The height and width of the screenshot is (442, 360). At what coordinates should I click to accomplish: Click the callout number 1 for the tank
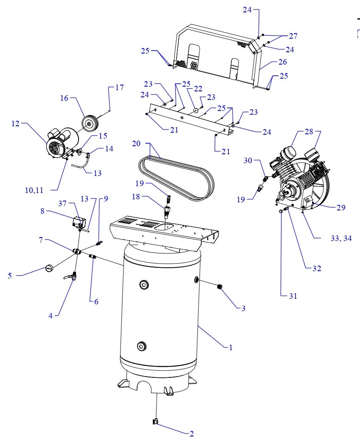pyautogui.click(x=231, y=347)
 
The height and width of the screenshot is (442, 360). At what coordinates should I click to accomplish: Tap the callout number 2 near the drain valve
pyautogui.click(x=191, y=434)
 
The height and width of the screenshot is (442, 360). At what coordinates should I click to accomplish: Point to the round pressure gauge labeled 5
pyautogui.click(x=49, y=268)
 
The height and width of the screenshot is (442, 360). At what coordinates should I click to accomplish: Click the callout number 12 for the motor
pyautogui.click(x=16, y=124)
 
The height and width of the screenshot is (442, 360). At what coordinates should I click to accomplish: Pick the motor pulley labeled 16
pyautogui.click(x=90, y=124)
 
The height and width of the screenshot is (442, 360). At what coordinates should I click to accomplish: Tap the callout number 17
pyautogui.click(x=119, y=88)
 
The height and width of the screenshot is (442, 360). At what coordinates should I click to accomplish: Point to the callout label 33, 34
pyautogui.click(x=341, y=238)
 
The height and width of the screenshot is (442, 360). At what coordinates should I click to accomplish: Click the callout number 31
pyautogui.click(x=293, y=296)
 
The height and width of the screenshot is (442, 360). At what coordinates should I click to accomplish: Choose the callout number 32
pyautogui.click(x=317, y=268)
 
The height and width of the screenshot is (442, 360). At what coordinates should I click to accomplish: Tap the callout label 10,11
pyautogui.click(x=34, y=190)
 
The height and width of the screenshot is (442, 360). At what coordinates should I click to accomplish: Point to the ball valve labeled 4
pyautogui.click(x=73, y=278)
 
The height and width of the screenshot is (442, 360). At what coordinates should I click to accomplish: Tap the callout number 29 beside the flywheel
pyautogui.click(x=340, y=208)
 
